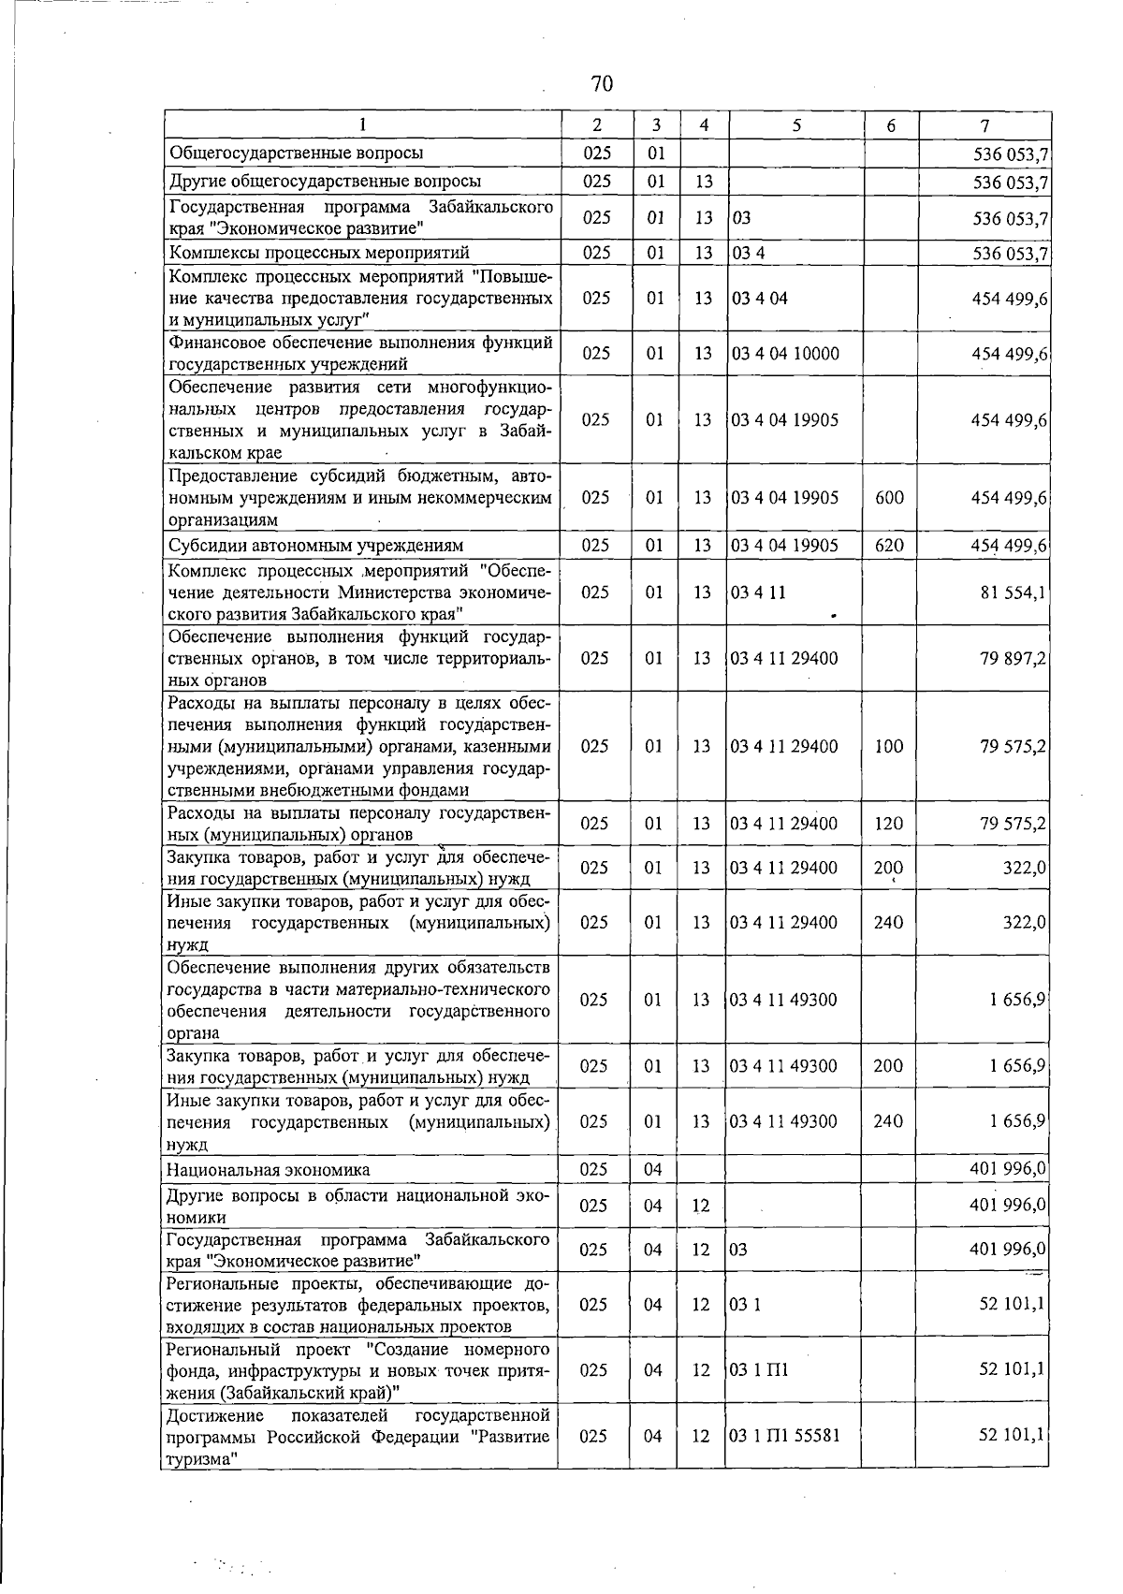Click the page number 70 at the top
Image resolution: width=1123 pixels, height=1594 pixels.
tap(602, 84)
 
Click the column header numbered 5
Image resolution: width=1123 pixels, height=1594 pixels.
tap(795, 124)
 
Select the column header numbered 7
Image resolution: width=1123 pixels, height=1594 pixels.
tap(984, 124)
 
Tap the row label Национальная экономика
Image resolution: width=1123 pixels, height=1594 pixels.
tap(268, 1169)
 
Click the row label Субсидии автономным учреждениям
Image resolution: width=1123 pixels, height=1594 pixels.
tap(315, 545)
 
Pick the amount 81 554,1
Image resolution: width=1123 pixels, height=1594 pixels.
tap(1014, 592)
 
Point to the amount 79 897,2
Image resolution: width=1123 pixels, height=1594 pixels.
tap(1014, 658)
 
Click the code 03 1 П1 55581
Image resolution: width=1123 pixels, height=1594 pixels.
tap(785, 1436)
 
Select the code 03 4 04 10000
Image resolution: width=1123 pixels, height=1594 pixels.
tap(785, 353)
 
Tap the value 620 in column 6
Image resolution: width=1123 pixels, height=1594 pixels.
tap(889, 545)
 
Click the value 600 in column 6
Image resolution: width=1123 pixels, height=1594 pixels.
tap(889, 497)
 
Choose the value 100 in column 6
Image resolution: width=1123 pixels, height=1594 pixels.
tap(889, 746)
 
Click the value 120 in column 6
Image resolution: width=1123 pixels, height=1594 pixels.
tap(889, 824)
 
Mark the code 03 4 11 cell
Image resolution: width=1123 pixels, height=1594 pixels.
tap(759, 592)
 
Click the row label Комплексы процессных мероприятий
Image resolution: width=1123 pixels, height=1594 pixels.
tap(318, 252)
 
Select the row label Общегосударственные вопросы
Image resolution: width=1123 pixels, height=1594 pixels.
tap(295, 152)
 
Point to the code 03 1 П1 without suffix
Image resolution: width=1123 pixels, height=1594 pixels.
tap(760, 1370)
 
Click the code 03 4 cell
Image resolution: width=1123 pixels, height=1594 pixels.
tap(749, 253)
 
